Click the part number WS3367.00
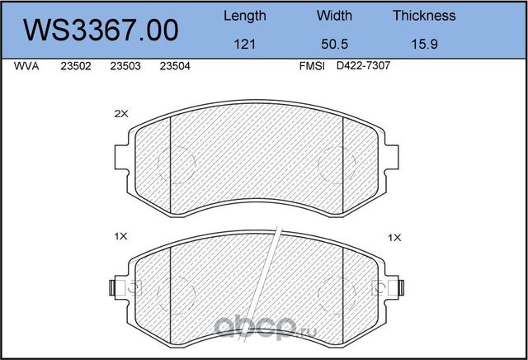[x=101, y=30]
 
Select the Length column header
[x=245, y=16]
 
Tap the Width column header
[x=334, y=16]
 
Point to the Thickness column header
[x=424, y=16]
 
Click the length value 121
[x=244, y=44]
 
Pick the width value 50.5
[x=334, y=44]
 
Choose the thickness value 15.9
[x=424, y=44]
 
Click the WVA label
[x=26, y=66]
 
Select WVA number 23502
[x=76, y=66]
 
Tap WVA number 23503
[x=125, y=66]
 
